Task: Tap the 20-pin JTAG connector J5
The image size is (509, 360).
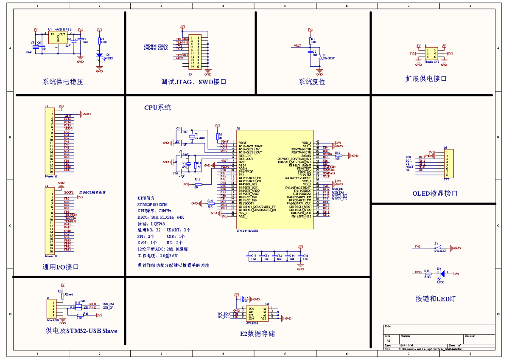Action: coord(195,52)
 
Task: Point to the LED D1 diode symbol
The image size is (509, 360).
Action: coord(99,56)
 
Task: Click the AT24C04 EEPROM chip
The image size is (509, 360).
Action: coord(257,313)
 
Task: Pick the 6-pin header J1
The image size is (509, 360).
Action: coord(431,53)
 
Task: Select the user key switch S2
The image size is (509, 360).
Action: coord(437,248)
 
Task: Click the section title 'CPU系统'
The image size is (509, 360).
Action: coord(157,108)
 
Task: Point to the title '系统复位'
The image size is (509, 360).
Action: coord(312,82)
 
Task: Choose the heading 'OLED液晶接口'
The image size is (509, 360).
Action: coord(435,194)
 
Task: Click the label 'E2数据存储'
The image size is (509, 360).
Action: coord(257,334)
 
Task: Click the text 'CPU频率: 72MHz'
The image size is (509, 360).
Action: coord(154,211)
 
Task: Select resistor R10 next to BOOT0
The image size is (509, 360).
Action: coord(338,156)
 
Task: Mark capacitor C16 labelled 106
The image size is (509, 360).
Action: coord(300,256)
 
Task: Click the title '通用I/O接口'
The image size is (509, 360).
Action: coord(61,267)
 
